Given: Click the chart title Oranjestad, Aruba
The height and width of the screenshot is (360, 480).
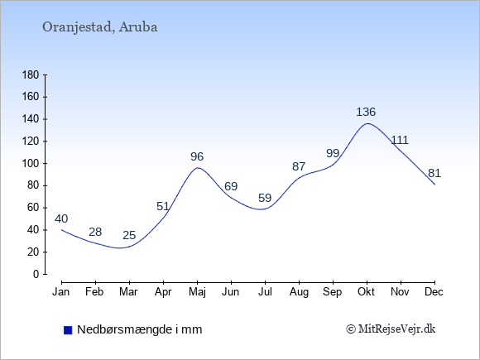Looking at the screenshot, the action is pos(100,27).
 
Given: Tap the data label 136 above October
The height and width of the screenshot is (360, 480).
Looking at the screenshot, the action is pos(366,112).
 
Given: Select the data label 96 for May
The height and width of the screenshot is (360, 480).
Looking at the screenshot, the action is pos(197,156).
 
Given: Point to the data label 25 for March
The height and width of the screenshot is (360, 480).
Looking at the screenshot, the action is pos(129,235).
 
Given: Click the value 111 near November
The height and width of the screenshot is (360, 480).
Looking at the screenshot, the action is pos(400,140).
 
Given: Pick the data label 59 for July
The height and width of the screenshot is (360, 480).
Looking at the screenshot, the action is pos(265,198).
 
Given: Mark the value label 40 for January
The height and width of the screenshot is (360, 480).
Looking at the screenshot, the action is pos(61,218).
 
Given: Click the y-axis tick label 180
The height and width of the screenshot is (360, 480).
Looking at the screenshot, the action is pos(31,75).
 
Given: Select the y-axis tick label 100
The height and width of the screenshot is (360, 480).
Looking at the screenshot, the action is pos(31,164).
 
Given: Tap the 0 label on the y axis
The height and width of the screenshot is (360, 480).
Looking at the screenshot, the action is pos(36,274).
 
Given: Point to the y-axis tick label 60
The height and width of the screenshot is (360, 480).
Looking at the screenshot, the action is pos(33,208).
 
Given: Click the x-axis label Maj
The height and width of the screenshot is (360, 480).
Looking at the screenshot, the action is pos(197,292).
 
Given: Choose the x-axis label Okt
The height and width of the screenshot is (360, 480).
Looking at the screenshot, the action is pos(366,292).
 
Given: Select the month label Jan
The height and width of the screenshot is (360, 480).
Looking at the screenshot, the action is pos(61,292).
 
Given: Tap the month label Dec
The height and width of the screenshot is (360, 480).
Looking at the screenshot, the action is pos(434,292).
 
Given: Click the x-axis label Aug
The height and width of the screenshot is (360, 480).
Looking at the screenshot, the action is pos(299,292).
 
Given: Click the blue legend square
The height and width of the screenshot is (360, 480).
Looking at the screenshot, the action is pos(68,330).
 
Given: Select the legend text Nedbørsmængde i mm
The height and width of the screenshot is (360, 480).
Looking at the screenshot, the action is pos(140,329).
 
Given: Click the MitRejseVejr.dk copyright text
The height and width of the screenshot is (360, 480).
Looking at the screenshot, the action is pos(391,329).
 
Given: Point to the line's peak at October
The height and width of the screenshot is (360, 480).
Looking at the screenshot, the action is pos(367,123).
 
